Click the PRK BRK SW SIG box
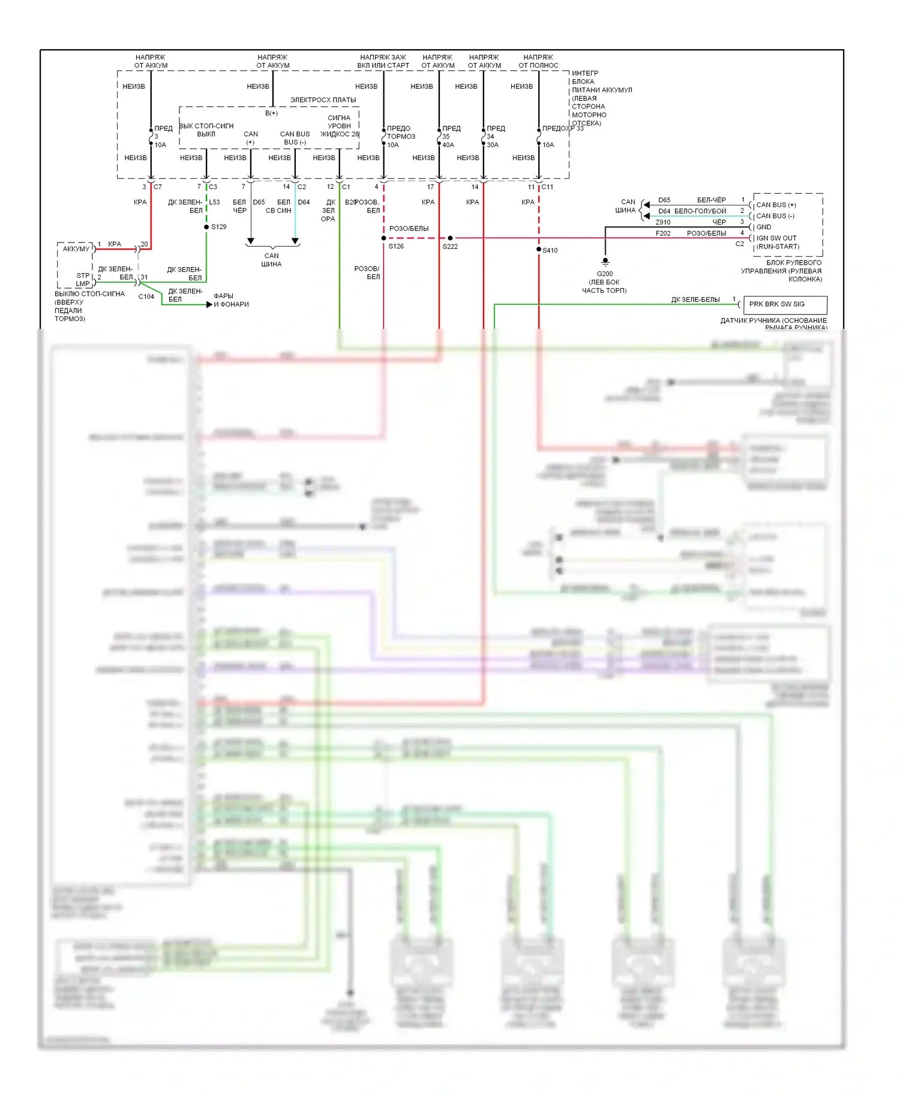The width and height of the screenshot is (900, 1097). [x=784, y=304]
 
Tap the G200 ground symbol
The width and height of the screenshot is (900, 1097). [x=605, y=262]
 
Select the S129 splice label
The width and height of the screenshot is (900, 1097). [x=218, y=227]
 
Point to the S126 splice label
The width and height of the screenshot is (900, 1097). [x=396, y=247]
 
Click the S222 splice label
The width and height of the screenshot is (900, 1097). [x=450, y=247]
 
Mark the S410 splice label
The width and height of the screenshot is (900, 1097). [x=550, y=250]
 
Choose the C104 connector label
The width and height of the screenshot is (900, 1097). [x=146, y=296]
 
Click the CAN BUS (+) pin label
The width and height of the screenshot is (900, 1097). [x=776, y=205]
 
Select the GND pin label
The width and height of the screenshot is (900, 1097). [x=764, y=227]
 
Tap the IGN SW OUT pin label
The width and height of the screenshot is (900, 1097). [x=776, y=238]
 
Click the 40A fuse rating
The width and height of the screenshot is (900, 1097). [x=448, y=145]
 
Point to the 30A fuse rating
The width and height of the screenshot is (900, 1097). [x=493, y=145]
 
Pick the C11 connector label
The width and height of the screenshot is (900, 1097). [x=547, y=187]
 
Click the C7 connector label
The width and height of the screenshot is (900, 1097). [x=158, y=187]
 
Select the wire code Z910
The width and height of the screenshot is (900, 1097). [x=663, y=222]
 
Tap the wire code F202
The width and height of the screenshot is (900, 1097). [x=663, y=233]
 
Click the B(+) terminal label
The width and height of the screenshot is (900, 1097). [x=271, y=113]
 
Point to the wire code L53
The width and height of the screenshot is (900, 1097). [x=214, y=203]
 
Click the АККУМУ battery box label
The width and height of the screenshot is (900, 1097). [x=76, y=249]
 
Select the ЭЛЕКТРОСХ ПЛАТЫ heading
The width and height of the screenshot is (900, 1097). [x=323, y=100]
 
